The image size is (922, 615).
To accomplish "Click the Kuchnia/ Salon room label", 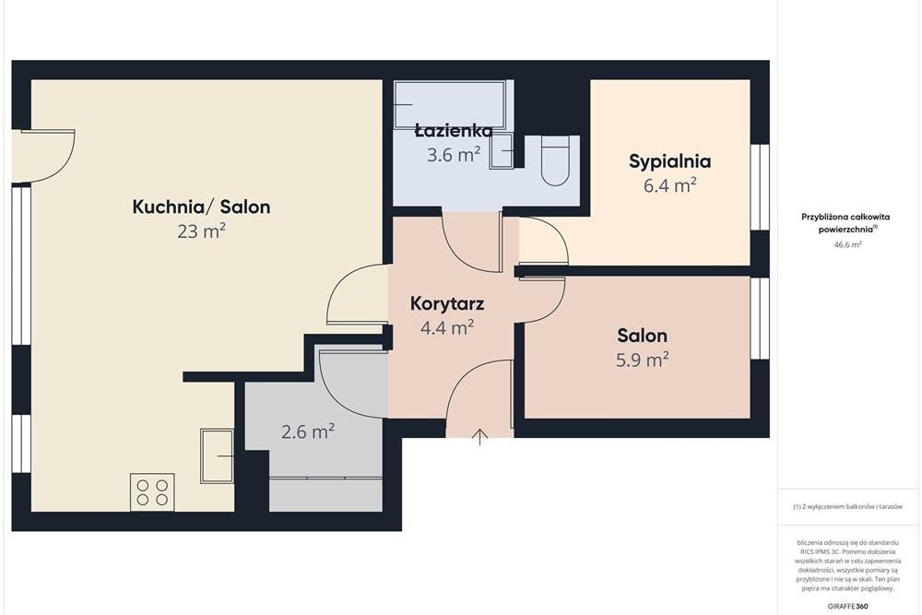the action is (201, 207).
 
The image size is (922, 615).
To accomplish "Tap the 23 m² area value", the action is (201, 231).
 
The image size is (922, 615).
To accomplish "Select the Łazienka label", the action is (453, 130).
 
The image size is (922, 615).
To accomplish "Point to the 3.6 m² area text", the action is (453, 155).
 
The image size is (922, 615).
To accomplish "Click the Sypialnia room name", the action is (669, 161).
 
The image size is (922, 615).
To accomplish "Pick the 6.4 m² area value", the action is (669, 186).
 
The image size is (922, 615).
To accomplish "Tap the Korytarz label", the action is (447, 304).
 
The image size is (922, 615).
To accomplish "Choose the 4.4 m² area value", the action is (447, 327).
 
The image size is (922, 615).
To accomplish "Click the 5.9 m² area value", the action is (642, 360).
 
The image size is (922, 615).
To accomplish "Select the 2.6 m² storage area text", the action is (308, 432).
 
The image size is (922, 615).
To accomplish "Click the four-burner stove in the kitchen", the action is (152, 492).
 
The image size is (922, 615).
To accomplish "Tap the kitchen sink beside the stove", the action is (217, 455).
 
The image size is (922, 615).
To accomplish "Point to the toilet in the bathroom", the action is (554, 160).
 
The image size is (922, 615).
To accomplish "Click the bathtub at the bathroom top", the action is (449, 105).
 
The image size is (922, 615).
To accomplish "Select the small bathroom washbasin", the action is (501, 151).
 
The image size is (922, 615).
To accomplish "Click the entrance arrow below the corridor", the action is (480, 437).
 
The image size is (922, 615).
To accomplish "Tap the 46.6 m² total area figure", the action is (847, 244).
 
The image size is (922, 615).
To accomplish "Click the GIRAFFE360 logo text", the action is (847, 606).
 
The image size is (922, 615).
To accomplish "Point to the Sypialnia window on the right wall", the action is (760, 187).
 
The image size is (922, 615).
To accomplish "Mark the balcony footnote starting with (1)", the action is (847, 506).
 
